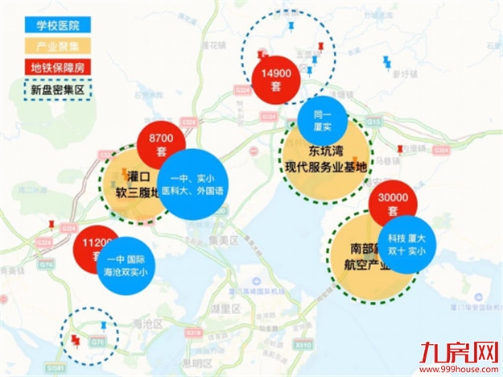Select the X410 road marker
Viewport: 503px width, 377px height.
click(303, 343)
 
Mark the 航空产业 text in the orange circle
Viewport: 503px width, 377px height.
click(364, 265)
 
